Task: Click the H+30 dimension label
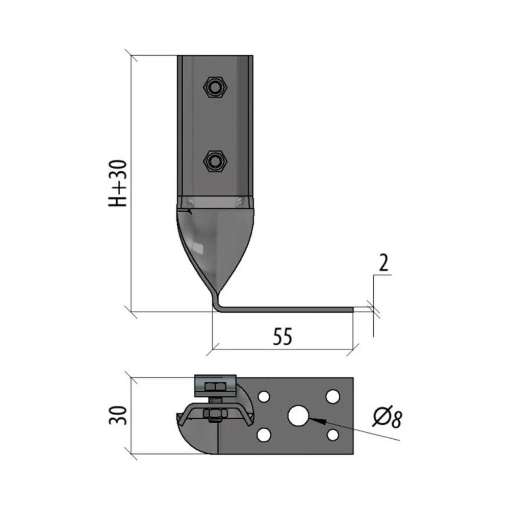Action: coord(117,184)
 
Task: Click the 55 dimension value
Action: coord(283,336)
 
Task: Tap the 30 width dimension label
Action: coord(117,415)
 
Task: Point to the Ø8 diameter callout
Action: coord(388,417)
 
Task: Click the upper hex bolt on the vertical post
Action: coord(215,87)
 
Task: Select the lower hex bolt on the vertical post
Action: coord(215,161)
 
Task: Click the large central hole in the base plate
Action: coord(298,416)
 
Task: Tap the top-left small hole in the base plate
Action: coord(264,397)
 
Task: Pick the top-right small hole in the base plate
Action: coord(333,396)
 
